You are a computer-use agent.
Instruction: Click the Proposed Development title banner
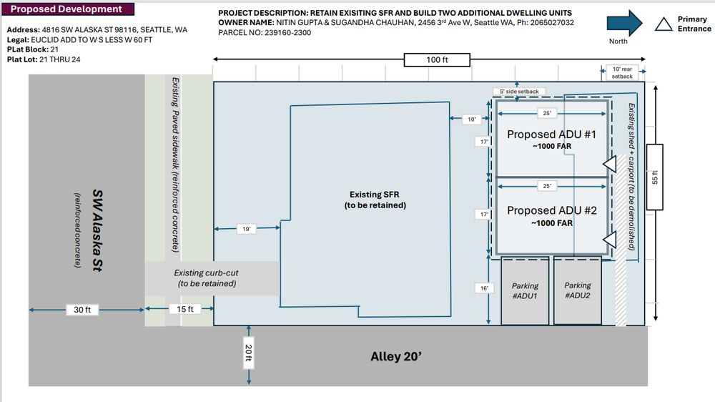click(x=68, y=9)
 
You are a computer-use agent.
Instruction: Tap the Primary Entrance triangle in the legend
click(x=664, y=24)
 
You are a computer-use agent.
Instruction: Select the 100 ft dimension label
click(x=437, y=60)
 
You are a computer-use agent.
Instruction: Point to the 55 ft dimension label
click(x=655, y=177)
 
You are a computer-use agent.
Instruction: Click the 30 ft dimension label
click(x=82, y=310)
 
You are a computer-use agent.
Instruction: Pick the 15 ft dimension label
click(x=184, y=309)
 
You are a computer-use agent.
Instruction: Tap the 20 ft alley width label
click(x=249, y=353)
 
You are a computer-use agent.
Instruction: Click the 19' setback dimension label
click(x=246, y=229)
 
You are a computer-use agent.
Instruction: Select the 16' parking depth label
click(x=484, y=288)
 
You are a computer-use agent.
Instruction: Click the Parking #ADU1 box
click(x=525, y=290)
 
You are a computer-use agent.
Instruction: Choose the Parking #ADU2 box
click(x=577, y=290)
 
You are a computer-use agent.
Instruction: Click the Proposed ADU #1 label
click(x=552, y=134)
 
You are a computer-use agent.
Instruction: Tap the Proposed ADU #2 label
click(x=552, y=210)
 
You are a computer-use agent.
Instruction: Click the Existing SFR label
click(x=375, y=200)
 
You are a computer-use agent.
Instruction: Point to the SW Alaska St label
click(x=97, y=230)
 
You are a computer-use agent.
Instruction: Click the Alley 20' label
click(x=396, y=356)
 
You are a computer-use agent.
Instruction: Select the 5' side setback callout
click(x=519, y=92)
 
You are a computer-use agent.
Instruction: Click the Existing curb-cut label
click(x=207, y=278)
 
